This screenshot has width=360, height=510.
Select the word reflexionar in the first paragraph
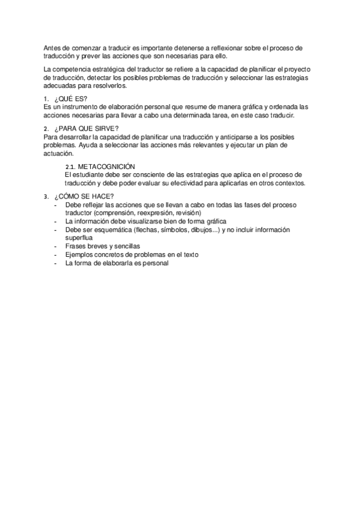coord(223,48)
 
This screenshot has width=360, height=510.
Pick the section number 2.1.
coord(69,167)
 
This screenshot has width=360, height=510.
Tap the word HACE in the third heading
coord(100,197)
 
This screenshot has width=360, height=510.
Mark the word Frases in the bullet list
coord(76,246)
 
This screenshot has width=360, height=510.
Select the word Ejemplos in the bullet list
coord(81,254)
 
